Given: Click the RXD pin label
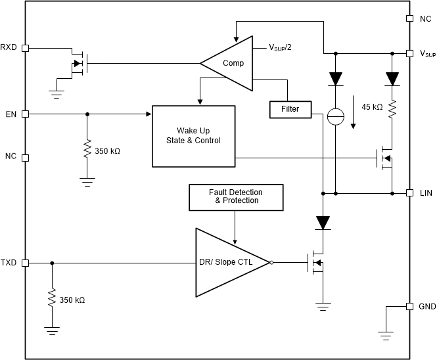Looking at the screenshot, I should pyautogui.click(x=9, y=47).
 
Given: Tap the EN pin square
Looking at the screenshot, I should pyautogui.click(x=25, y=114).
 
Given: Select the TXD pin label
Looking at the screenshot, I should pyautogui.click(x=9, y=263).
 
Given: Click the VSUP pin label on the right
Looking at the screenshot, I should pyautogui.click(x=427, y=53).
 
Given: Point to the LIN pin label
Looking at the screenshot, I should pyautogui.click(x=425, y=194).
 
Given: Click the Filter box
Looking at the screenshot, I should pyautogui.click(x=289, y=109).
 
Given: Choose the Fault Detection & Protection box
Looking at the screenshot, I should pyautogui.click(x=236, y=196).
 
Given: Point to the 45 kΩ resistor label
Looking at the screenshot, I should pyautogui.click(x=373, y=106).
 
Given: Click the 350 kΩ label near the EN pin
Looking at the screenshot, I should pyautogui.click(x=108, y=150).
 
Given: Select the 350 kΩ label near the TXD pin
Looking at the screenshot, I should pyautogui.click(x=72, y=300).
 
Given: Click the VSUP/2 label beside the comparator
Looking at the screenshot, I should pyautogui.click(x=281, y=48).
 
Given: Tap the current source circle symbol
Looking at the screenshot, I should pyautogui.click(x=336, y=116).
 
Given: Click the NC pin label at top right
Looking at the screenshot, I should pyautogui.click(x=426, y=19).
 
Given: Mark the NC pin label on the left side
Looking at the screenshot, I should pyautogui.click(x=11, y=157).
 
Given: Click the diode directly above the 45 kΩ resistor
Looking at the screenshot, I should pyautogui.click(x=392, y=79).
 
